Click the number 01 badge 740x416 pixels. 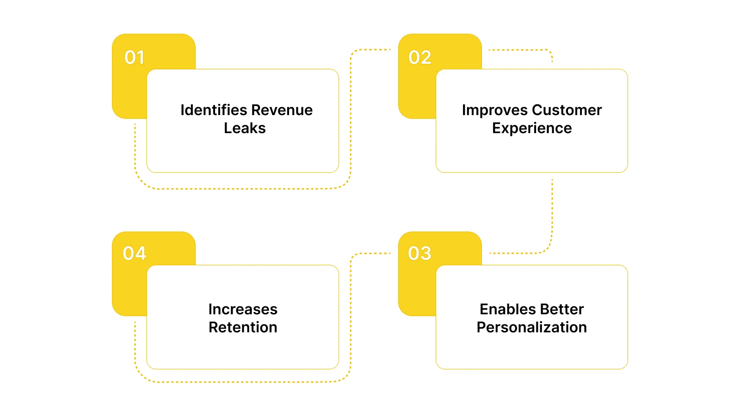pos(135,57)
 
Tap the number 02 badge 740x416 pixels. pos(420,57)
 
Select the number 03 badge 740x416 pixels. pos(419,253)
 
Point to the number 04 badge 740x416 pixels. pos(135,253)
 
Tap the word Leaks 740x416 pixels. pos(245,128)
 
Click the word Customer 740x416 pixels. pos(567,110)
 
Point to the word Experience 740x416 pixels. pos(532,128)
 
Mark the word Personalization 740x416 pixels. pos(532,327)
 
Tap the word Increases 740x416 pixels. pos(243,309)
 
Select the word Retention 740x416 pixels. pos(243,327)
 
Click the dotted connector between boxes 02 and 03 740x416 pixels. pos(552,213)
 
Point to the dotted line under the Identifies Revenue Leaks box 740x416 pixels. pos(243,189)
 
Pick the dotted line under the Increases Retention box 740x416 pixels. pos(243,382)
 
